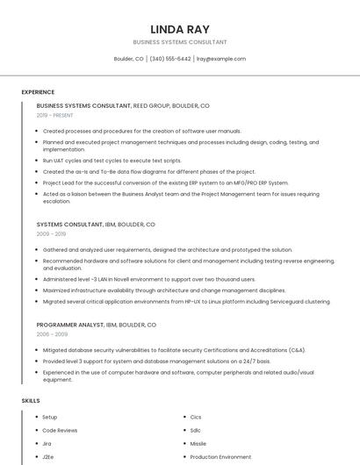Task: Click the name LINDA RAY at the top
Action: (180, 29)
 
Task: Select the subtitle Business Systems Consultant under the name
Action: (180, 42)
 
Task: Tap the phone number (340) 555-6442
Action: (170, 59)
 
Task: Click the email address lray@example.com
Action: (220, 59)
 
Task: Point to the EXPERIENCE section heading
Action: (38, 92)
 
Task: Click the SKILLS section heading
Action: (31, 401)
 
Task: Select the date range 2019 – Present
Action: (56, 115)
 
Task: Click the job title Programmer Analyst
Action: (70, 325)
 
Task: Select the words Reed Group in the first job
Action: (152, 105)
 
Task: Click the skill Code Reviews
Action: (60, 430)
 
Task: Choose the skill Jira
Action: (47, 443)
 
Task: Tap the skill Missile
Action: (198, 443)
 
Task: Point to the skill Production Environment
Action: (220, 456)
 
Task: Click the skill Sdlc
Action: (195, 430)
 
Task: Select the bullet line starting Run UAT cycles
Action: (112, 161)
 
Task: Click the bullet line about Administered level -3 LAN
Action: (148, 279)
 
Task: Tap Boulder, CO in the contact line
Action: (128, 59)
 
